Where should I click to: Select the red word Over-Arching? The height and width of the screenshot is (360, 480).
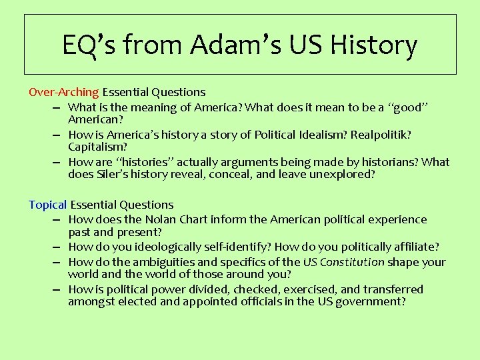tap(64, 92)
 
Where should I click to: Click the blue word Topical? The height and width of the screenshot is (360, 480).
tap(48, 205)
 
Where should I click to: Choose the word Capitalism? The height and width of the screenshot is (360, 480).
tap(97, 146)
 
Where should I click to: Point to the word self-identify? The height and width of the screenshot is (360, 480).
tap(239, 247)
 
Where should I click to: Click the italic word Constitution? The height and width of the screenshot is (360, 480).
tap(352, 262)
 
